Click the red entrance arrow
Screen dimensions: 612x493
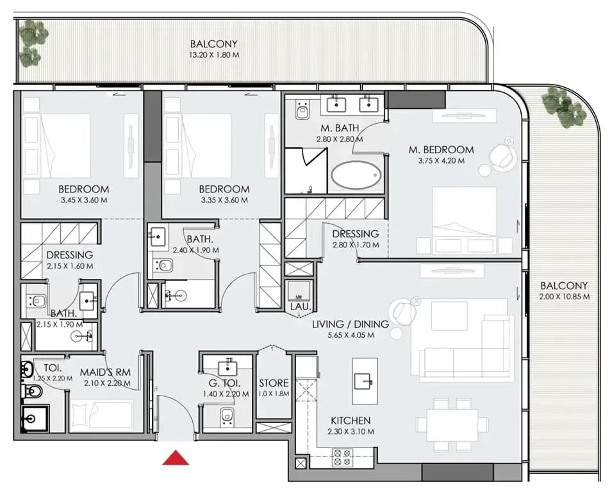tap(176, 458)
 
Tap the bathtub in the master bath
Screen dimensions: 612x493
tap(356, 175)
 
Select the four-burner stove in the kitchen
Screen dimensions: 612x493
tap(342, 458)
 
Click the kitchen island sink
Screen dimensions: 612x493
tap(364, 378)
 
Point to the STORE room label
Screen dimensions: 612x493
tap(274, 383)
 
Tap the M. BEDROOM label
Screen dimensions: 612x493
tap(442, 149)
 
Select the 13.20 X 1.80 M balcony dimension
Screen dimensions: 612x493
tap(214, 55)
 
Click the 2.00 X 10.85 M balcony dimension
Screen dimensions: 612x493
tap(565, 297)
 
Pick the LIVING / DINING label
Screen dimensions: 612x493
tap(351, 324)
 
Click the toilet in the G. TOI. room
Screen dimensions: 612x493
tap(226, 416)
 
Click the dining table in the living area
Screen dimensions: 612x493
tap(452, 424)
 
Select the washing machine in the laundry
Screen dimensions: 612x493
tap(299, 291)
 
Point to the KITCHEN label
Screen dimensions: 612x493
tap(351, 421)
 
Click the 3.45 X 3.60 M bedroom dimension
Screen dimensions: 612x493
tap(84, 200)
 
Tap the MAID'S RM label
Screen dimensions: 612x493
tap(105, 372)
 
